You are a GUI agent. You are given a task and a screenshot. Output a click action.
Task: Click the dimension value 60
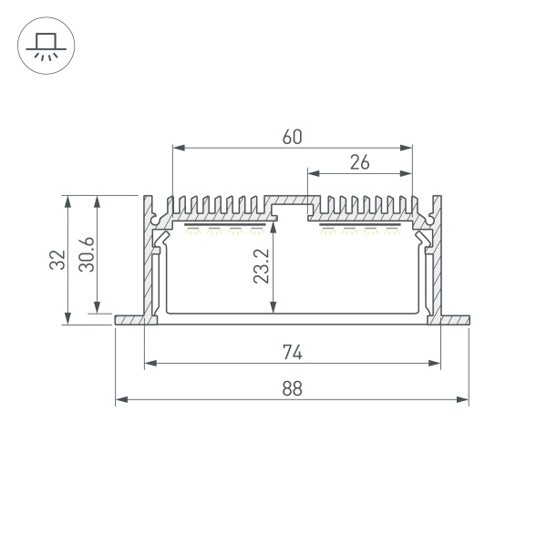pyautogui.click(x=292, y=137)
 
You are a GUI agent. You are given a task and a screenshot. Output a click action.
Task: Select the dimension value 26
pyautogui.click(x=360, y=162)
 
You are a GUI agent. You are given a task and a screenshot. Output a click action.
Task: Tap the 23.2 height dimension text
pyautogui.click(x=262, y=266)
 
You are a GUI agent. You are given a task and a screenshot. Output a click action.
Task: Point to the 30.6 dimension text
pyautogui.click(x=87, y=254)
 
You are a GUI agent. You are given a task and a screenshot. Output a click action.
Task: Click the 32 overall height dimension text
pyautogui.click(x=57, y=260)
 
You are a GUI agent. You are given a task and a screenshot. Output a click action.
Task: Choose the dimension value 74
pyautogui.click(x=293, y=352)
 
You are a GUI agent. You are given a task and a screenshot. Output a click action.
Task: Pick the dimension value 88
pyautogui.click(x=292, y=388)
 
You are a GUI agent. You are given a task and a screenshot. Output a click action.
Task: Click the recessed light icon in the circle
pyautogui.click(x=46, y=46)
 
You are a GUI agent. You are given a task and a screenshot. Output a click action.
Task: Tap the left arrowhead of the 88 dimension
pyautogui.click(x=121, y=399)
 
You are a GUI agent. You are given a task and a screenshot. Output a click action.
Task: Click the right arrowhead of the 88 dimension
pyautogui.click(x=462, y=399)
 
